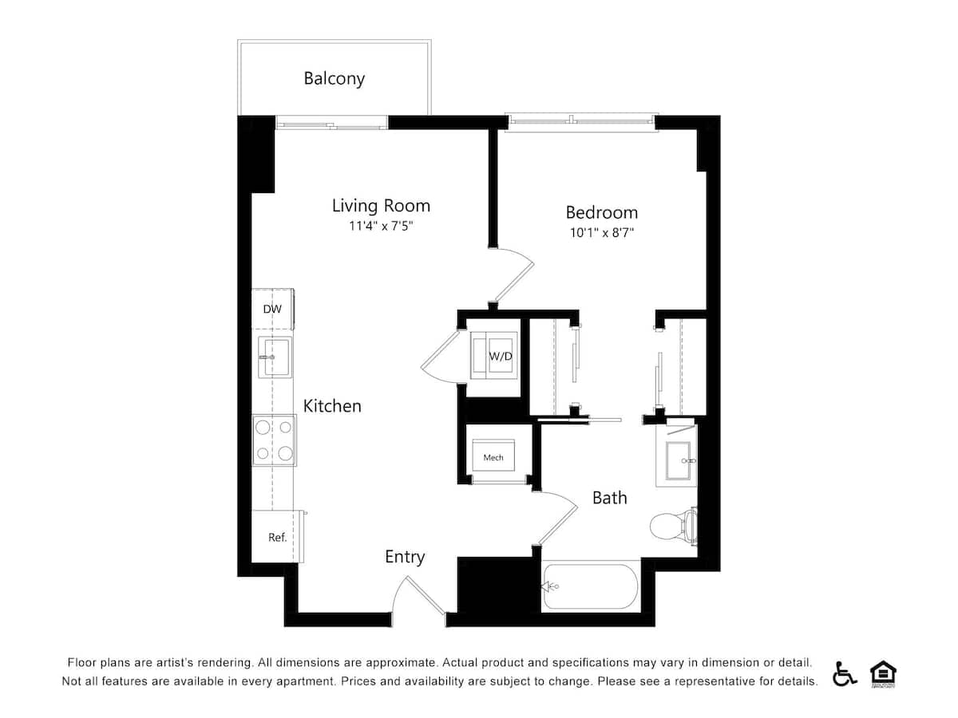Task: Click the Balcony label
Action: click(x=334, y=78)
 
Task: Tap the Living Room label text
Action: click(x=381, y=206)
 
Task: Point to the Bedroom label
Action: click(x=601, y=212)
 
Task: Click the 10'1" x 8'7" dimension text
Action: click(x=601, y=233)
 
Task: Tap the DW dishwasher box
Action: click(x=272, y=310)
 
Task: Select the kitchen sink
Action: click(x=273, y=357)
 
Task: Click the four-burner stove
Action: click(x=273, y=440)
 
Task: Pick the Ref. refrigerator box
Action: click(x=276, y=537)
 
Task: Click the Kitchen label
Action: click(x=332, y=406)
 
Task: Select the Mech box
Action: click(x=493, y=457)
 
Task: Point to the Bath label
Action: click(x=609, y=498)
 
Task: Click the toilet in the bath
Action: click(x=673, y=526)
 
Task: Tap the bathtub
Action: click(x=590, y=587)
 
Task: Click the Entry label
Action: click(x=405, y=557)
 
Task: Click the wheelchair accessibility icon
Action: click(x=845, y=674)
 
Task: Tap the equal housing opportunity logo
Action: click(x=882, y=673)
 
